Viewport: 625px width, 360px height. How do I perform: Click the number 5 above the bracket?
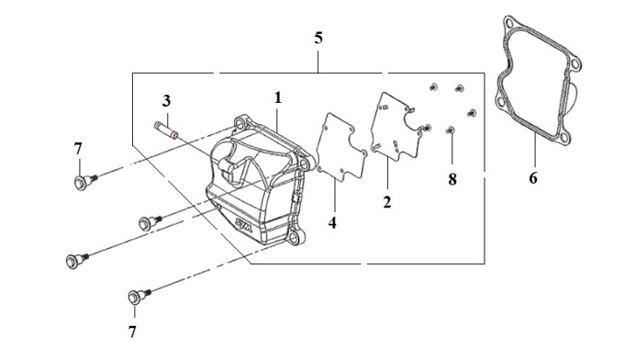click(318, 39)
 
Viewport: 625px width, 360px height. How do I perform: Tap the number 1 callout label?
click(278, 98)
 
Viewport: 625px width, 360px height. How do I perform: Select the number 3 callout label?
click(166, 101)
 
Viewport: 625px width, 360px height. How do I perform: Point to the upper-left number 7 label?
click(78, 149)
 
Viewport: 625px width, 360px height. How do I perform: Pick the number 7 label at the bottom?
click(132, 332)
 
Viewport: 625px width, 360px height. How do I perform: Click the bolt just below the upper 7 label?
click(85, 182)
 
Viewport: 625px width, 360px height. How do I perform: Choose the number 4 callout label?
click(332, 223)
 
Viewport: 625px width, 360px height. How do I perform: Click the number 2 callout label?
click(387, 202)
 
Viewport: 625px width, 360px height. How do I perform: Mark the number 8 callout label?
click(452, 180)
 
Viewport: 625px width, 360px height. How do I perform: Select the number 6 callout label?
click(533, 178)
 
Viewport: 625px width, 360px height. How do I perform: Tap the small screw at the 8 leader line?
click(451, 130)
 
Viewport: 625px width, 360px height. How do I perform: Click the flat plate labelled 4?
click(341, 147)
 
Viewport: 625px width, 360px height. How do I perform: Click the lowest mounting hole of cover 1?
click(294, 239)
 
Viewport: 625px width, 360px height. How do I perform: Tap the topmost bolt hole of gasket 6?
click(508, 22)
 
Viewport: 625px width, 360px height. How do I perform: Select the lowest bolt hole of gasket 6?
click(564, 138)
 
